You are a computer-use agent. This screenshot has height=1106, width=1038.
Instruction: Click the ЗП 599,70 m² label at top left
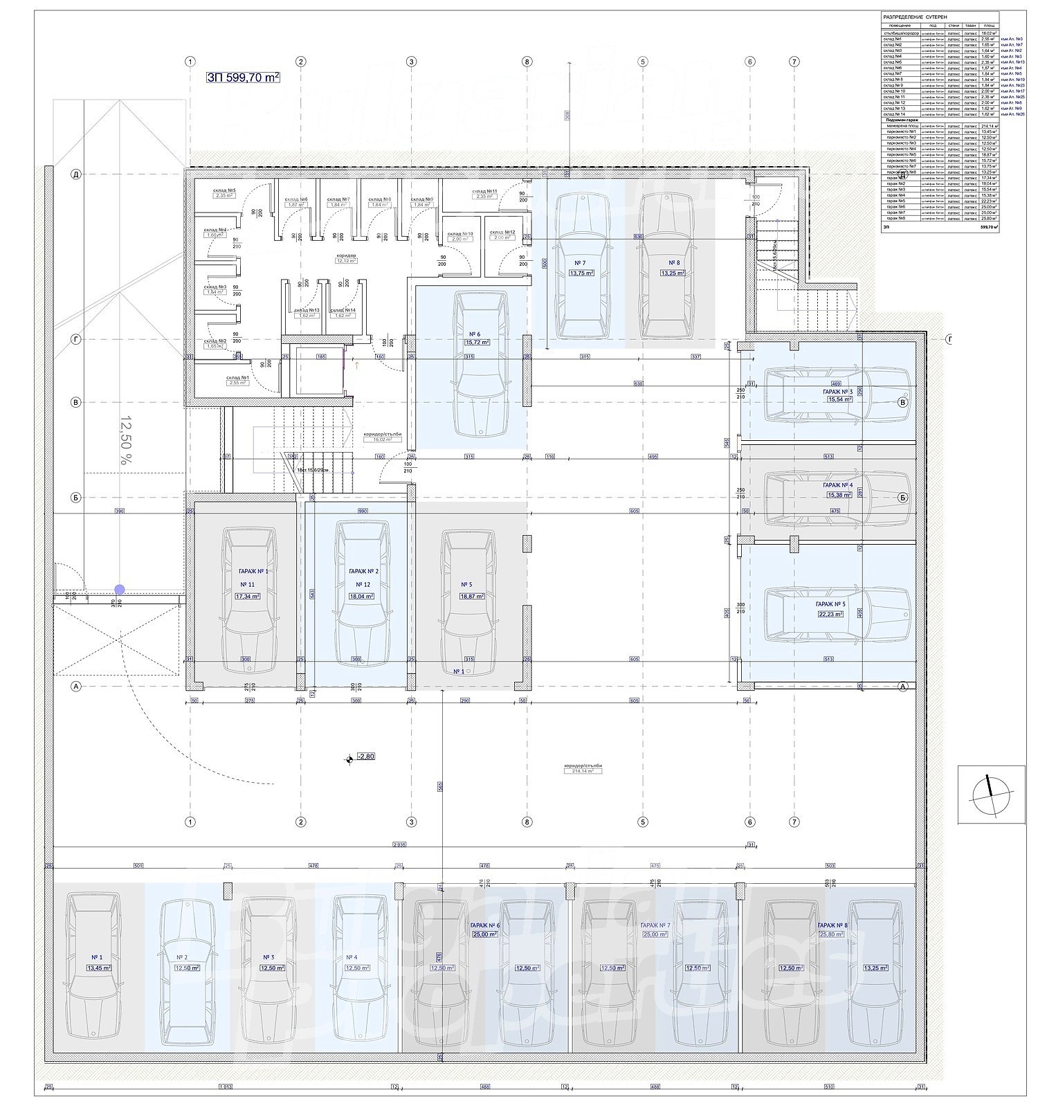[243, 78]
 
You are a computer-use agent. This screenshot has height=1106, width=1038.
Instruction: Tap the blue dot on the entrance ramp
[120, 590]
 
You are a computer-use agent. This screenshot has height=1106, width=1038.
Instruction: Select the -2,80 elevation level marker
[365, 756]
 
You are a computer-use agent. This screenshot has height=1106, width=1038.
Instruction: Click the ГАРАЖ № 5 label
[830, 604]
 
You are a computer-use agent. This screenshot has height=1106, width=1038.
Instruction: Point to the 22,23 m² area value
[830, 614]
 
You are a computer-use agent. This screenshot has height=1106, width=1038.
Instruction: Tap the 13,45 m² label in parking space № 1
[96, 968]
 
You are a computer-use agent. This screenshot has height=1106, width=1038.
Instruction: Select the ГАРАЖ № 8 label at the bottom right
[830, 925]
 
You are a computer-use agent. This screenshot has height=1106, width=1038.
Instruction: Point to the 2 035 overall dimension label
[399, 844]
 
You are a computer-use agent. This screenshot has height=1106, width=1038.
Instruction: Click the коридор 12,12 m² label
[346, 261]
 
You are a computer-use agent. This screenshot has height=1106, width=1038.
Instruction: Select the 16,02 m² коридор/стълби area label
[382, 439]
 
